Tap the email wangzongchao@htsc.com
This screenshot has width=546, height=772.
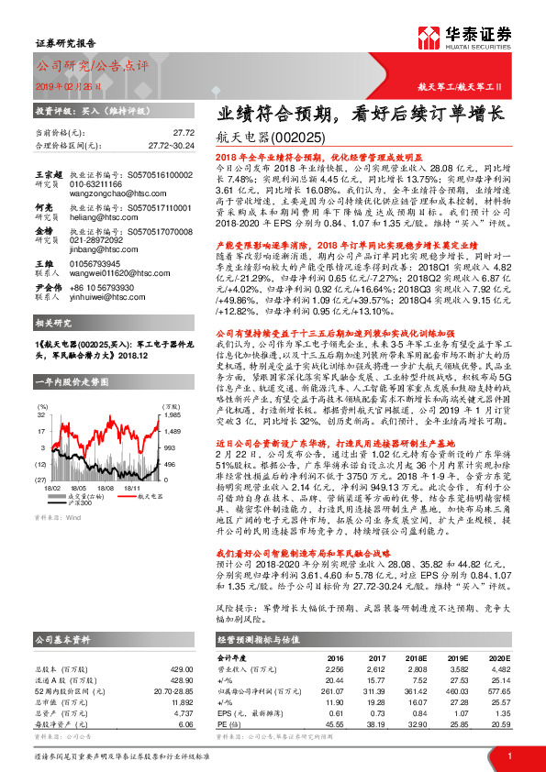[x=109, y=182]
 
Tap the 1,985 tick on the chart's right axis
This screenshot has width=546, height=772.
[x=148, y=414]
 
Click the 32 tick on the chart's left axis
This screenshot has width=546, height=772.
[x=42, y=414]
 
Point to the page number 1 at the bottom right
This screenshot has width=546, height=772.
[x=508, y=755]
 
